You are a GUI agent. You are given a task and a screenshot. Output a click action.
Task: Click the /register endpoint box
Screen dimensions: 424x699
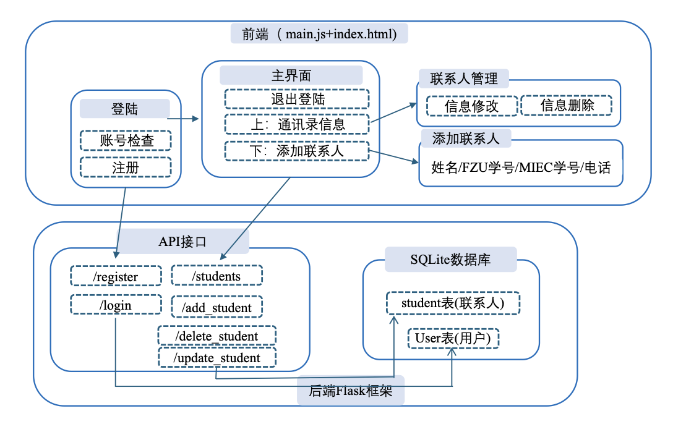tap(116, 276)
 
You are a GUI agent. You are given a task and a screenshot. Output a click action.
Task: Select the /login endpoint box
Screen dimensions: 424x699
tap(116, 305)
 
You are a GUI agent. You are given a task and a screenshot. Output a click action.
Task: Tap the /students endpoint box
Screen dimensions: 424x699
tap(217, 276)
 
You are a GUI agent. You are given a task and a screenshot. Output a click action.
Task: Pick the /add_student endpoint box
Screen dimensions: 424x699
tap(217, 307)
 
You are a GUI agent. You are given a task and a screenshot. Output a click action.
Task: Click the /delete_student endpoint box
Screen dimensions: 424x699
tap(217, 336)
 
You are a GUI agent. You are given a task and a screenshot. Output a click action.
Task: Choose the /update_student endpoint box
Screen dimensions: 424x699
tap(217, 357)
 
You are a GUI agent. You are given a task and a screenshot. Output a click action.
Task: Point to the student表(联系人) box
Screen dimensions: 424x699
tap(453, 303)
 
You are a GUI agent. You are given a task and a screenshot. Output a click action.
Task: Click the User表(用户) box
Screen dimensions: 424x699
tap(453, 338)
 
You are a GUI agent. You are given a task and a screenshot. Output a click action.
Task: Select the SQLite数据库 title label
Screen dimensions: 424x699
tap(450, 260)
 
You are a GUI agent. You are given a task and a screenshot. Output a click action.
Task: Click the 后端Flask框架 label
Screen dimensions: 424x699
tap(351, 391)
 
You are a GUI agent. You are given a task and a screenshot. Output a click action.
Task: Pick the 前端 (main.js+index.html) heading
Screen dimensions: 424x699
tap(319, 33)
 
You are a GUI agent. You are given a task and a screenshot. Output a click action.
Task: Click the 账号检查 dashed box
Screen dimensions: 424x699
tap(126, 140)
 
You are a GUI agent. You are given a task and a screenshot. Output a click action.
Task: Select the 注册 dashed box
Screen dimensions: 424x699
tap(126, 167)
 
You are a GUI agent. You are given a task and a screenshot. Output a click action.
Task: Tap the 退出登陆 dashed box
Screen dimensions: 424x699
tap(297, 99)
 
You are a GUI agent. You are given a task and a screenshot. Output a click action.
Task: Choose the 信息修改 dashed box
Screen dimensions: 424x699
tap(471, 106)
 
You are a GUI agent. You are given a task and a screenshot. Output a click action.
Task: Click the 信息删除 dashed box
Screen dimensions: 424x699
tap(567, 105)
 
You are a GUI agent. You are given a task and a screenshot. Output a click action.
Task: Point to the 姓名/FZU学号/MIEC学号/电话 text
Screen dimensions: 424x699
tap(520, 167)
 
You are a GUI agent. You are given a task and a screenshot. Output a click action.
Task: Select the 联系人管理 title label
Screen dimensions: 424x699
tap(464, 78)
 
